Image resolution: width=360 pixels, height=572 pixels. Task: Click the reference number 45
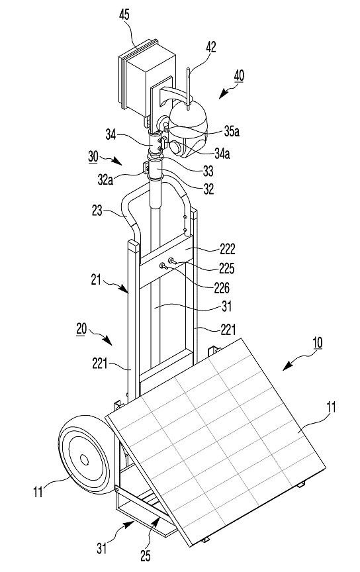pos(124,15)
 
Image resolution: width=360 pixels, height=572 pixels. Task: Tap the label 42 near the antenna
pos(211,47)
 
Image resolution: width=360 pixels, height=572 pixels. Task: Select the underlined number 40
pos(239,76)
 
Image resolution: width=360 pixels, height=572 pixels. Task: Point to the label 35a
pos(232,131)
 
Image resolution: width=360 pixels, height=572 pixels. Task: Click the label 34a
pos(222,154)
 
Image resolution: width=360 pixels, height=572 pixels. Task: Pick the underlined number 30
pos(93,156)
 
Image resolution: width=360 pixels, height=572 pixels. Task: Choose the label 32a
pos(105,180)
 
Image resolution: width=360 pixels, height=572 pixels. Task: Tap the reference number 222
pos(227,249)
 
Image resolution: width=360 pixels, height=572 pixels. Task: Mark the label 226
pos(222,288)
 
